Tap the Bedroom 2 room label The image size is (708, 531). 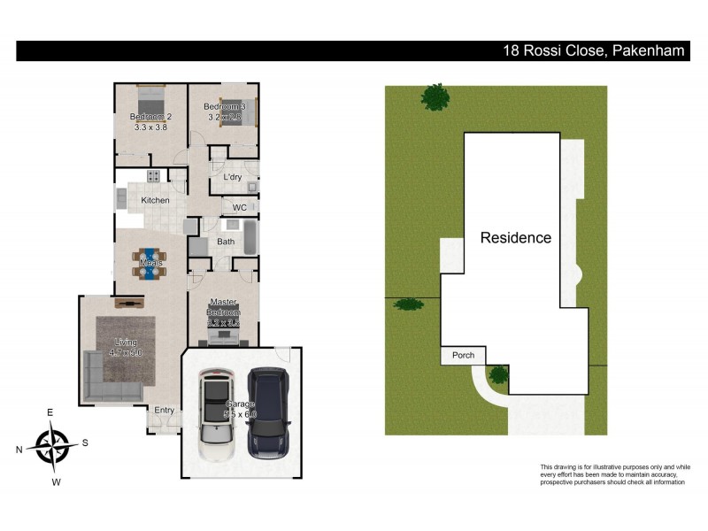150,117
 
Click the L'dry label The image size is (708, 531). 232,177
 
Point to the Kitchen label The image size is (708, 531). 155,200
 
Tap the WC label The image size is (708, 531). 239,208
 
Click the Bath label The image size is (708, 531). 226,241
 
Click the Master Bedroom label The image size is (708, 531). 224,307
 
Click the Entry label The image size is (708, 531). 165,410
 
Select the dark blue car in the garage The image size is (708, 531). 268,410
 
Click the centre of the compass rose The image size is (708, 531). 56,445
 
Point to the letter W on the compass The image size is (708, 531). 56,482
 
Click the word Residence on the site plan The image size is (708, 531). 515,238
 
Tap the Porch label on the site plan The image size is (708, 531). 463,356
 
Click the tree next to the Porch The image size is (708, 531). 499,373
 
